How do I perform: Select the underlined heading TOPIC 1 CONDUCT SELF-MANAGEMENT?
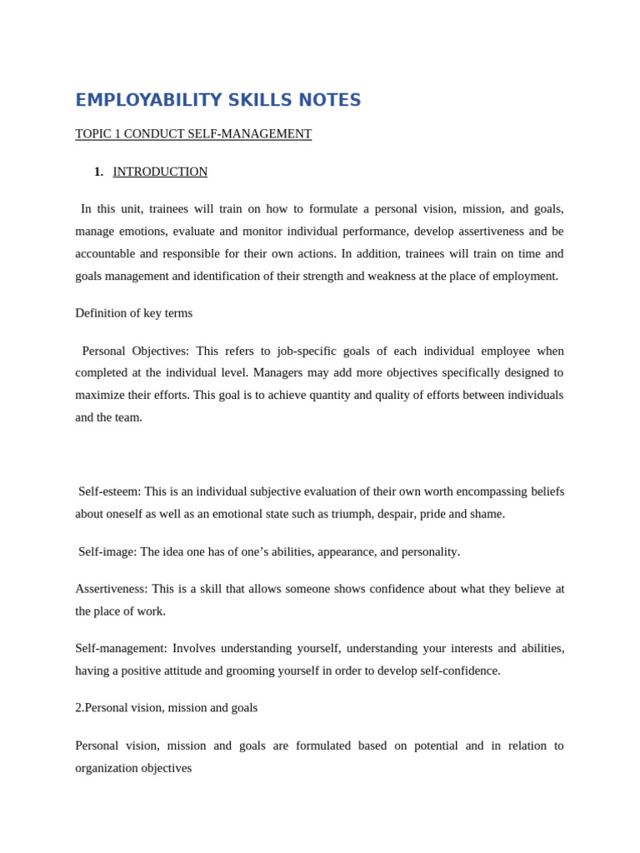point(193,134)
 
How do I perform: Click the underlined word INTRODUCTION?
point(160,172)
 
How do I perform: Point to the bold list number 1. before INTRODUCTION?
point(98,172)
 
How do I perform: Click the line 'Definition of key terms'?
point(133,313)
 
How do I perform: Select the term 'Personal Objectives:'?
point(135,351)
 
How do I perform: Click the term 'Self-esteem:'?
point(109,491)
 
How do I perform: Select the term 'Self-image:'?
point(107,551)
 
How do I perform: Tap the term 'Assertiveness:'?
point(111,589)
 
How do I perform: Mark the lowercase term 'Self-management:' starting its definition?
point(121,648)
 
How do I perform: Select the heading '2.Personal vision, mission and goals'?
point(166,708)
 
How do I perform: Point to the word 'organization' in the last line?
point(110,768)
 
